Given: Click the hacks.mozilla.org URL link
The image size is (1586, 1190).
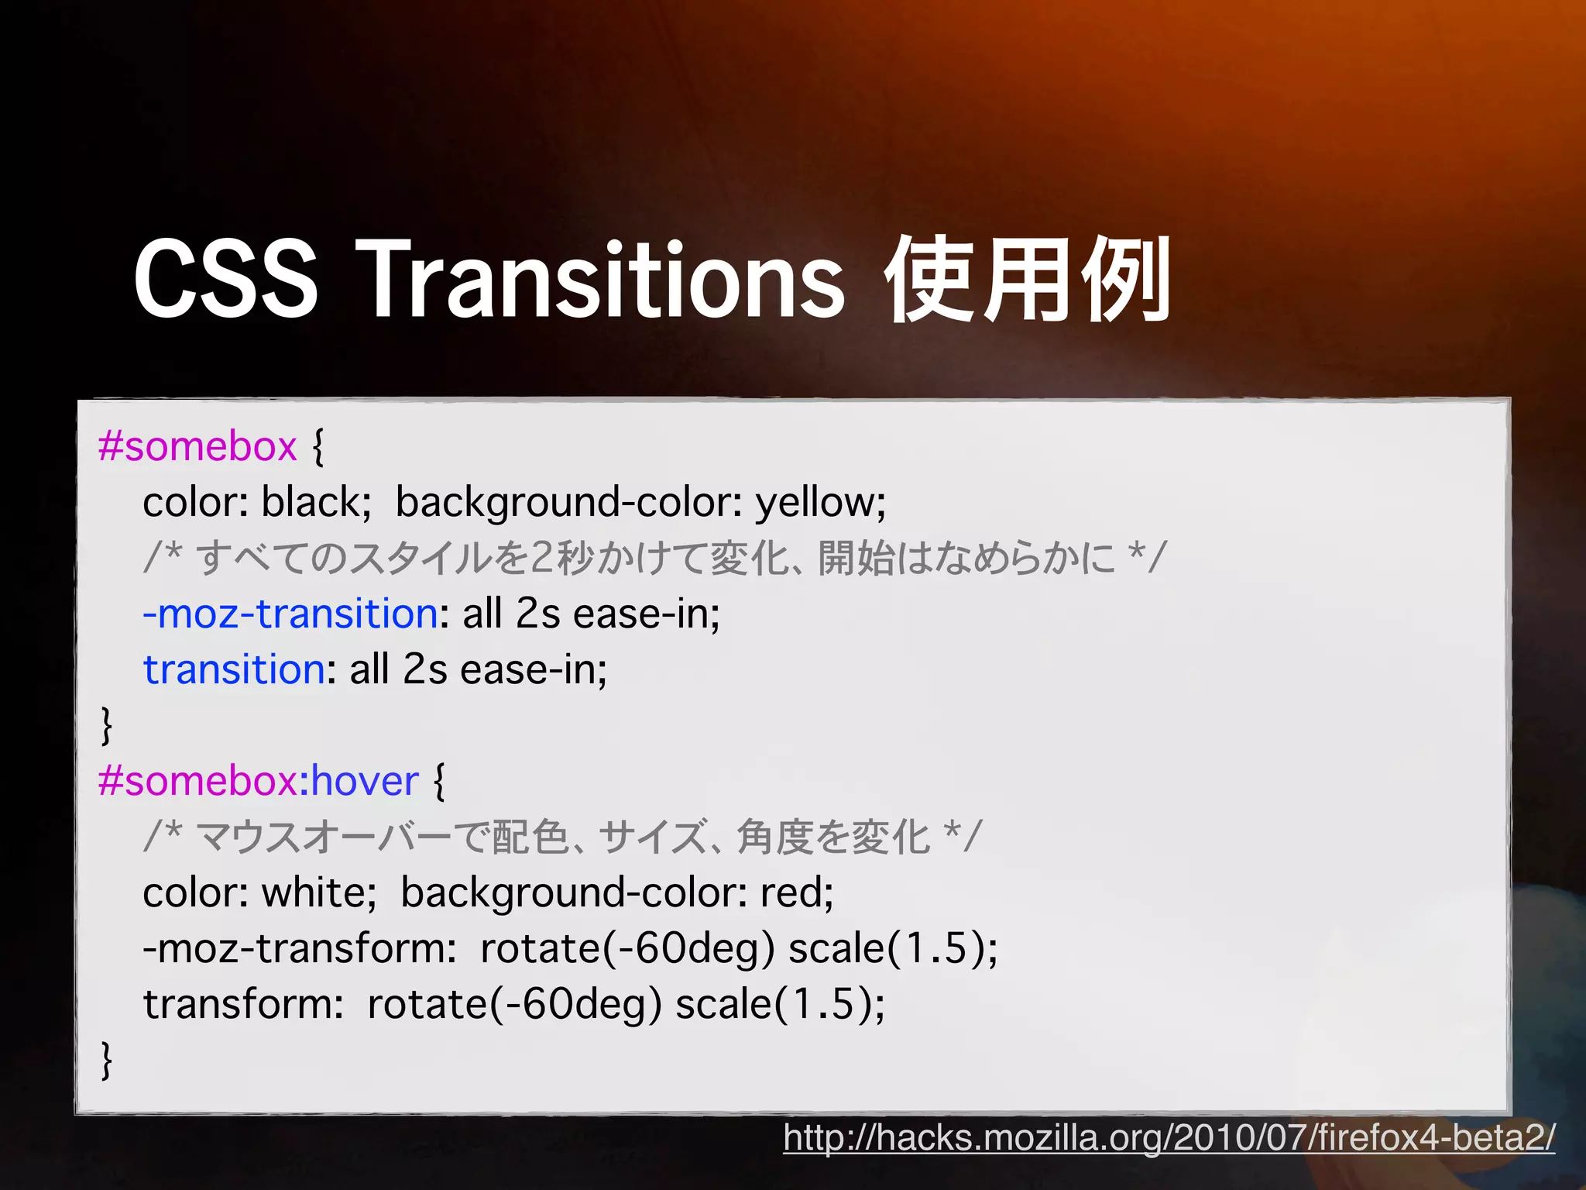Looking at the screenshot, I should (1169, 1137).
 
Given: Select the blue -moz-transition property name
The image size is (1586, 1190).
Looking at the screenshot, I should (290, 614).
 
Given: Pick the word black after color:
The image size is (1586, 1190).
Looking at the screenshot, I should (311, 502).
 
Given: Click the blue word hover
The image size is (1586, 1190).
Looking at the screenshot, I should (365, 781).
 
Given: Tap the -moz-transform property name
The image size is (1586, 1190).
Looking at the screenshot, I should (294, 948).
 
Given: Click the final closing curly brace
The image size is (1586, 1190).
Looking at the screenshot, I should (107, 1060).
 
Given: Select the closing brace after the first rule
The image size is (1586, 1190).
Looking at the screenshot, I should (107, 725).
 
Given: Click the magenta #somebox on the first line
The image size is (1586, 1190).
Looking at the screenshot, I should (197, 446).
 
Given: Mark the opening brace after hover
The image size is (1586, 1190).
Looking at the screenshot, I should (439, 781).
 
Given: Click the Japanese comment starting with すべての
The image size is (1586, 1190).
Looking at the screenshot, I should (654, 558).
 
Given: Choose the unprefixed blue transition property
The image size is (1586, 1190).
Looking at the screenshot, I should (234, 669).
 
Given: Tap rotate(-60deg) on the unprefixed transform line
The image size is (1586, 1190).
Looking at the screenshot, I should (514, 1004).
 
